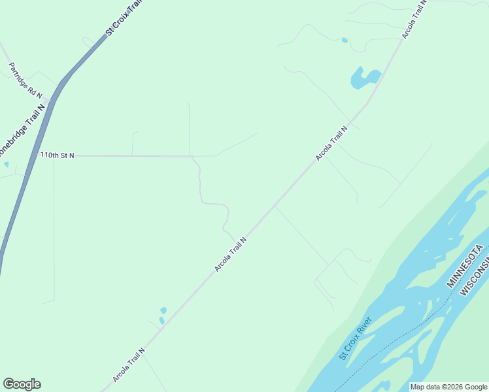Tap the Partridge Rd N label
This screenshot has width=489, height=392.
pos(25,80)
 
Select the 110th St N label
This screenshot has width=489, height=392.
pos(58,155)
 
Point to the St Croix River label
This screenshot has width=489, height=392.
pos(355,338)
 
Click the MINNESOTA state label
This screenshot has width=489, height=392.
pos(465,266)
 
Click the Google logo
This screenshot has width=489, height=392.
pos(22,384)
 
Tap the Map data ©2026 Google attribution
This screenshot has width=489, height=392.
pos(448,387)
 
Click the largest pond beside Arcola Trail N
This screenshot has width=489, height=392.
pos(363,78)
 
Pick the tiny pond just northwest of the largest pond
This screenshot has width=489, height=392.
pos(345,41)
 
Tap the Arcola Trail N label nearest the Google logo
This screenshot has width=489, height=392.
pos(128,365)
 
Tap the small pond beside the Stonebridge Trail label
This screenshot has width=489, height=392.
pos(6,165)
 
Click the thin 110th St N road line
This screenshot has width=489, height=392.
pos(131,156)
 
